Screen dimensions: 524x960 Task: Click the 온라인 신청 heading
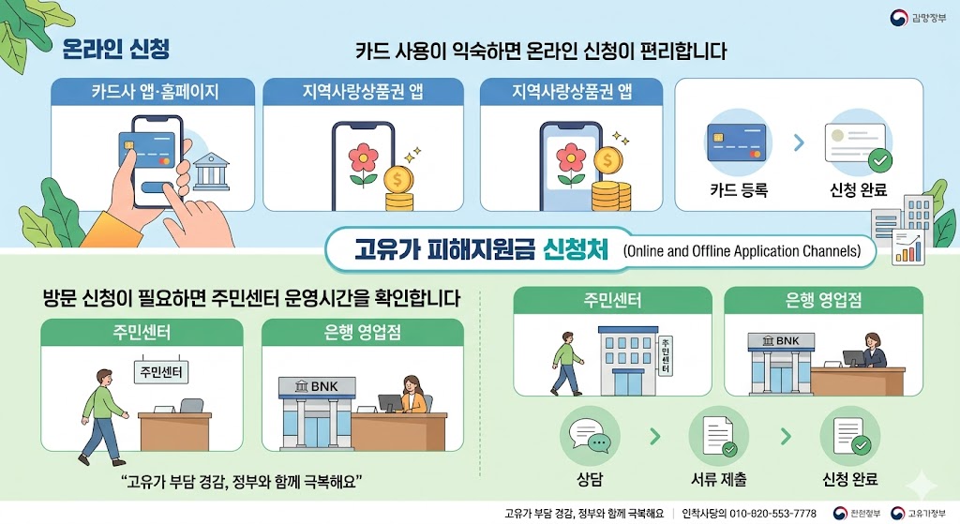click(x=115, y=48)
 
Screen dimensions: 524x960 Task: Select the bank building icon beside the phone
click(x=212, y=172)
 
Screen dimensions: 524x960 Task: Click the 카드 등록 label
click(x=739, y=190)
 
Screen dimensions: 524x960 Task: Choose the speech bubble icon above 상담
click(x=589, y=438)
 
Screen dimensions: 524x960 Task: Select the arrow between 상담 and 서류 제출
click(x=654, y=437)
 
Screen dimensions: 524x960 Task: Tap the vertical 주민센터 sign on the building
click(x=667, y=355)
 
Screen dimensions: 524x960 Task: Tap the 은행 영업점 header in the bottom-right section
click(x=823, y=302)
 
